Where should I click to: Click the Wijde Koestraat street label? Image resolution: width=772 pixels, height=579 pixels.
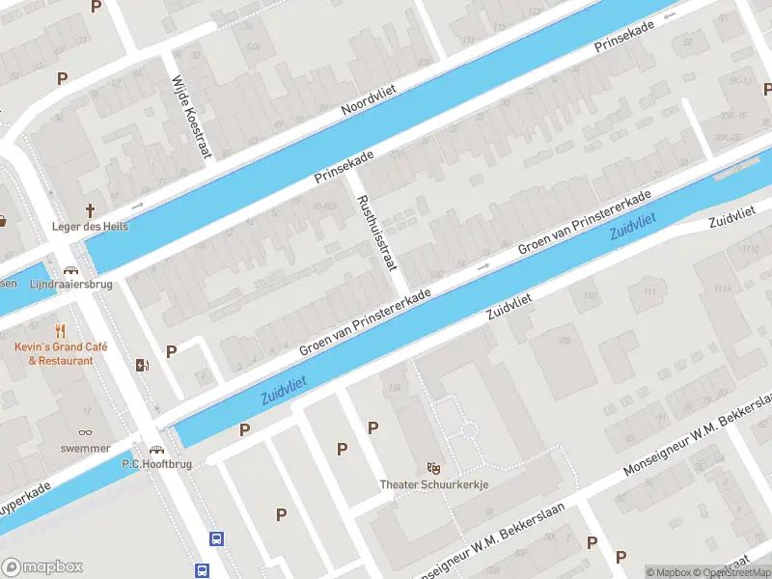click(190, 119)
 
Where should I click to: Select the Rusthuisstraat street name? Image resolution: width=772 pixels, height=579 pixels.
click(376, 234)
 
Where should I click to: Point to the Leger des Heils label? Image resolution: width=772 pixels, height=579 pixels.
click(90, 227)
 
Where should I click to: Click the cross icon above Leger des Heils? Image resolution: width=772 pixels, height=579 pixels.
click(91, 209)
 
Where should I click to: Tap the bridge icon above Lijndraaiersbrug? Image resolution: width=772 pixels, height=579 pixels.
click(70, 271)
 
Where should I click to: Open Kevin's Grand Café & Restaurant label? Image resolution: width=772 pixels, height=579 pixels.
click(61, 353)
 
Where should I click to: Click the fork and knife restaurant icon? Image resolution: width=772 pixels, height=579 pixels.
click(61, 331)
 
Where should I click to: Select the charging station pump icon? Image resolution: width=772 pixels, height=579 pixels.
click(143, 365)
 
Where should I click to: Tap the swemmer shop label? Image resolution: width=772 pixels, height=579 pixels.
click(86, 449)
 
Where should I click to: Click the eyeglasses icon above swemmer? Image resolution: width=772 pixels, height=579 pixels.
click(86, 431)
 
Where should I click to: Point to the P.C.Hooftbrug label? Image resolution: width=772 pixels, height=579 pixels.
click(156, 464)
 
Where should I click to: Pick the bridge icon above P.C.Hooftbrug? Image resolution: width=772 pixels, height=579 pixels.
click(156, 449)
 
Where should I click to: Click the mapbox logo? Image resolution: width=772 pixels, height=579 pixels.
click(42, 566)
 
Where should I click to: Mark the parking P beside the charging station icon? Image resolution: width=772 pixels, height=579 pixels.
click(172, 351)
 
